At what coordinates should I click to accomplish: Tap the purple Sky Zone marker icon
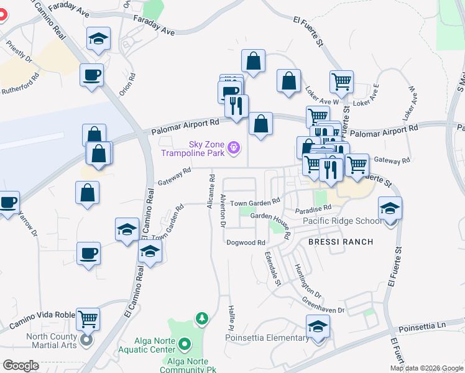234,147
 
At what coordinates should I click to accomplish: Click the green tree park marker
201,320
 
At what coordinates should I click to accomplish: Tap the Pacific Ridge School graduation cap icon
390,208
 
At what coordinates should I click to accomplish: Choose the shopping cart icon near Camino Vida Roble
88,320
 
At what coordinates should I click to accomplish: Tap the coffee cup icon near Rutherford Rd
91,76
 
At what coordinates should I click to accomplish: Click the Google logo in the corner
21,366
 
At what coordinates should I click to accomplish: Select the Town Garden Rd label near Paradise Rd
256,202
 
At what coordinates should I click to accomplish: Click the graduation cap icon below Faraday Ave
98,39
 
